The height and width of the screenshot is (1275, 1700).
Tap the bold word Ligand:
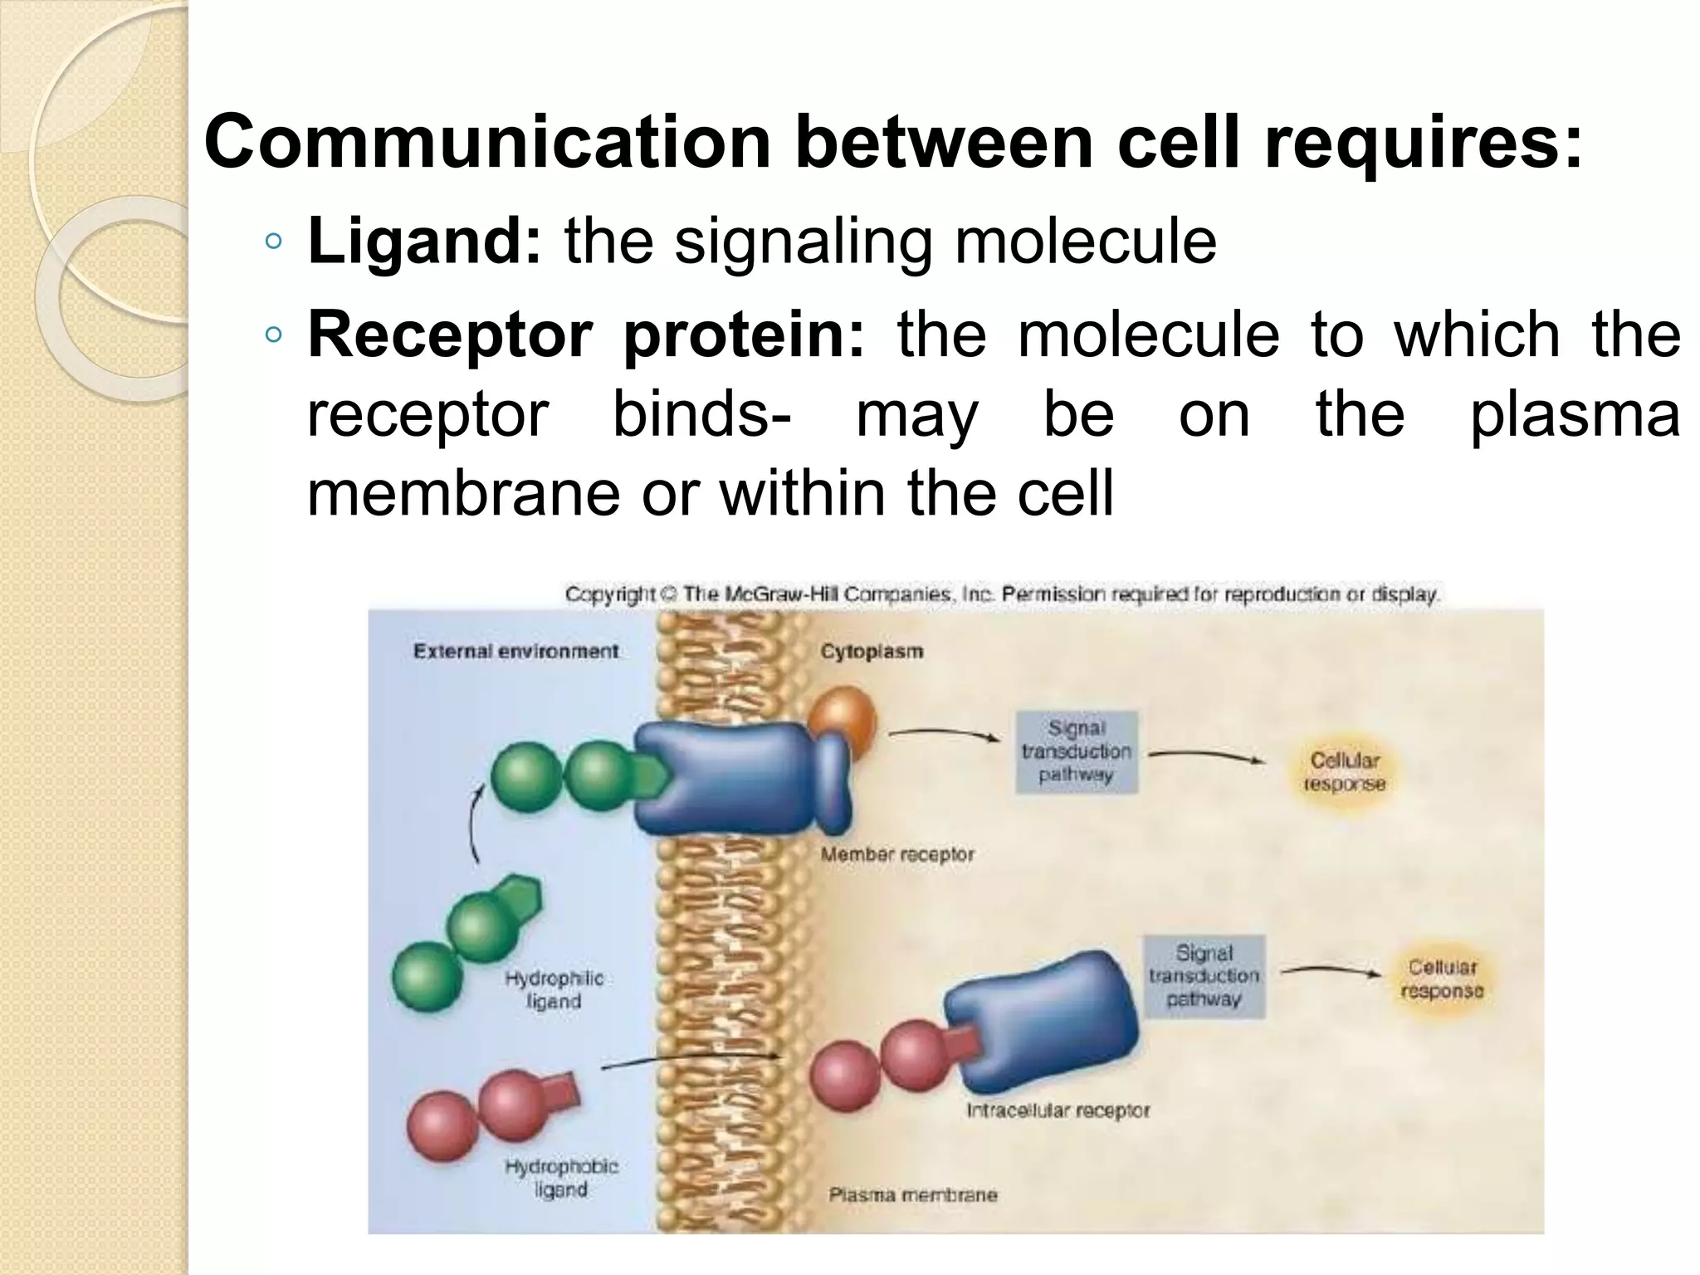[x=424, y=242]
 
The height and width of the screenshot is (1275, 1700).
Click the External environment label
[x=515, y=651]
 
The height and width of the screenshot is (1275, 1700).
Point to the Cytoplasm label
[x=872, y=651]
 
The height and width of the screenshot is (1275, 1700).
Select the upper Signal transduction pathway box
[x=1077, y=751]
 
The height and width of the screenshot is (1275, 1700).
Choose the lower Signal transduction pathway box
[x=1204, y=975]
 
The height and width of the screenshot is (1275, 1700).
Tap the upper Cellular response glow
[x=1344, y=771]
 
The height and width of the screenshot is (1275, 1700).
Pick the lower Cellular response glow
[x=1442, y=979]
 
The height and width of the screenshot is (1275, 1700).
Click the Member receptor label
[x=897, y=853]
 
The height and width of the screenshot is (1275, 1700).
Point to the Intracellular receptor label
[x=1058, y=1110]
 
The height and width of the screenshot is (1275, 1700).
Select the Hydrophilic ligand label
[x=554, y=989]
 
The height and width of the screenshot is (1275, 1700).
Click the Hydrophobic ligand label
[x=561, y=1177]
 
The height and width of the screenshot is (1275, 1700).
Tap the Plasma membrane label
[x=913, y=1195]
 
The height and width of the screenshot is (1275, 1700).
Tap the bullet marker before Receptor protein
[x=273, y=335]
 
